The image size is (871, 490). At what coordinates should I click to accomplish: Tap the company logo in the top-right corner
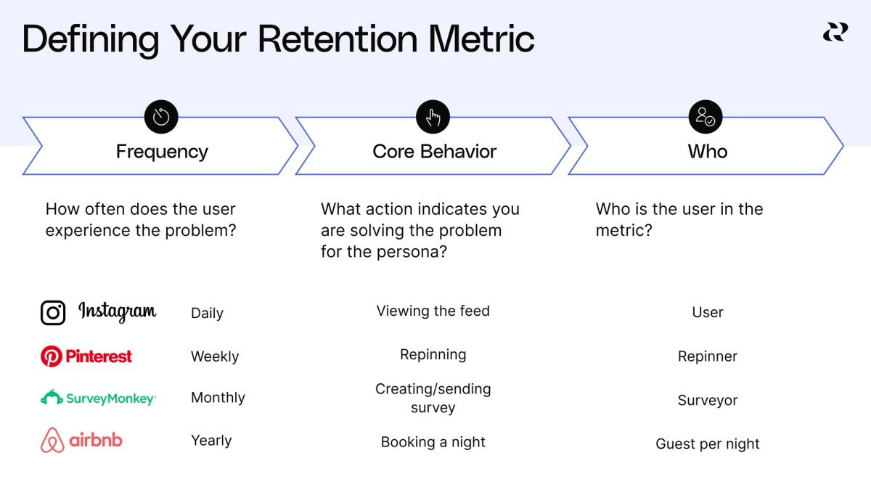835,32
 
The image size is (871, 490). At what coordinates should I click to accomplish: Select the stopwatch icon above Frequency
161,117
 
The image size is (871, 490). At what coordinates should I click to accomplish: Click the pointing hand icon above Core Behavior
433,117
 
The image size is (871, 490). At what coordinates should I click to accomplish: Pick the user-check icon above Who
706,117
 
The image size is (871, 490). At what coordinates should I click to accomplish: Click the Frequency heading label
162,152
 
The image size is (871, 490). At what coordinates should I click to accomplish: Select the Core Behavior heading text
434,152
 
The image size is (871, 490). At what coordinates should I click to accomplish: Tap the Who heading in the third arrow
708,152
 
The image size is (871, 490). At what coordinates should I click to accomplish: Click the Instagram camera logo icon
53,313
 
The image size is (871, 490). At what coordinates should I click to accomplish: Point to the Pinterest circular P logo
51,356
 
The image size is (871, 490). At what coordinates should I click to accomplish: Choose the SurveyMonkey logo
97,398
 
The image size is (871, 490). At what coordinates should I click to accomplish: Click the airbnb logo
81,441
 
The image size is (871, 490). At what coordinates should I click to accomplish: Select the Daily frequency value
207,314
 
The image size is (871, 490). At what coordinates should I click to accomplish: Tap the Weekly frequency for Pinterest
215,356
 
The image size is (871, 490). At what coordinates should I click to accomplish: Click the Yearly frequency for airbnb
211,441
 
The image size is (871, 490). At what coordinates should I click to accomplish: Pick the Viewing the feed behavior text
433,311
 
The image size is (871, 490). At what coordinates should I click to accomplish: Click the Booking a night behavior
433,442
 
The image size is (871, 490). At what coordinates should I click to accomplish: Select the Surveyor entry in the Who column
708,401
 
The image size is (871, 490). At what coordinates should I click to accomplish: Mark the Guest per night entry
708,444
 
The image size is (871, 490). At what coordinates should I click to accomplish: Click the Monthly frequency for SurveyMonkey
218,398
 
